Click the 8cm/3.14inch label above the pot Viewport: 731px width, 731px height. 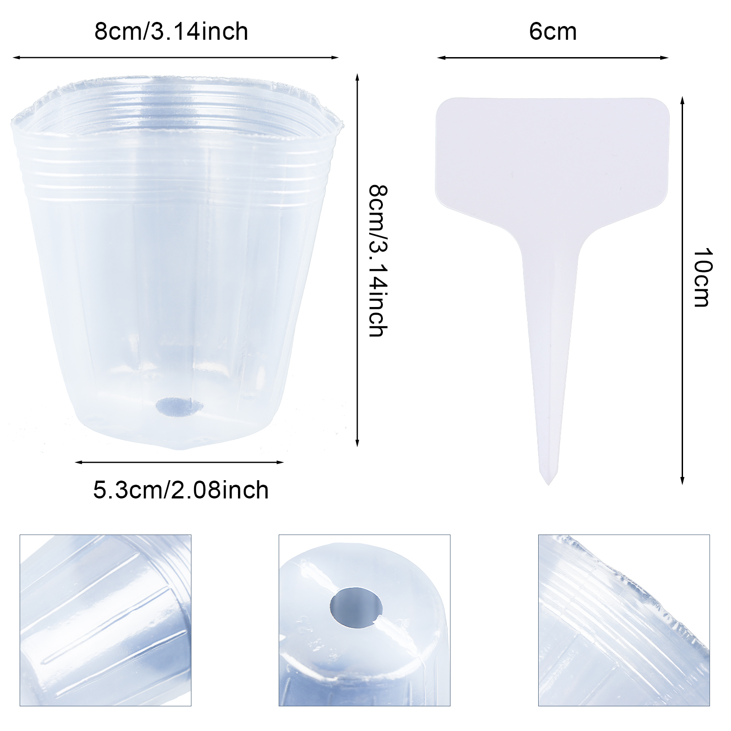(x=171, y=32)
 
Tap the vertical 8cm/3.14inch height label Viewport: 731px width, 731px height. (x=378, y=261)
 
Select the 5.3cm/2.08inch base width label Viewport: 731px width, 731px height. (x=181, y=490)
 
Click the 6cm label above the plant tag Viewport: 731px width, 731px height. (x=553, y=32)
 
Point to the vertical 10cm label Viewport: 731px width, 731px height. (x=702, y=277)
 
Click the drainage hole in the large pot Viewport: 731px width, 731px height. (x=180, y=407)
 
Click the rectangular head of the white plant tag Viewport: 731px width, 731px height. (x=552, y=158)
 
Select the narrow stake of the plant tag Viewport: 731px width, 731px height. (x=550, y=356)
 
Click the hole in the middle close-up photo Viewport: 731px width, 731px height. (x=356, y=608)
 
